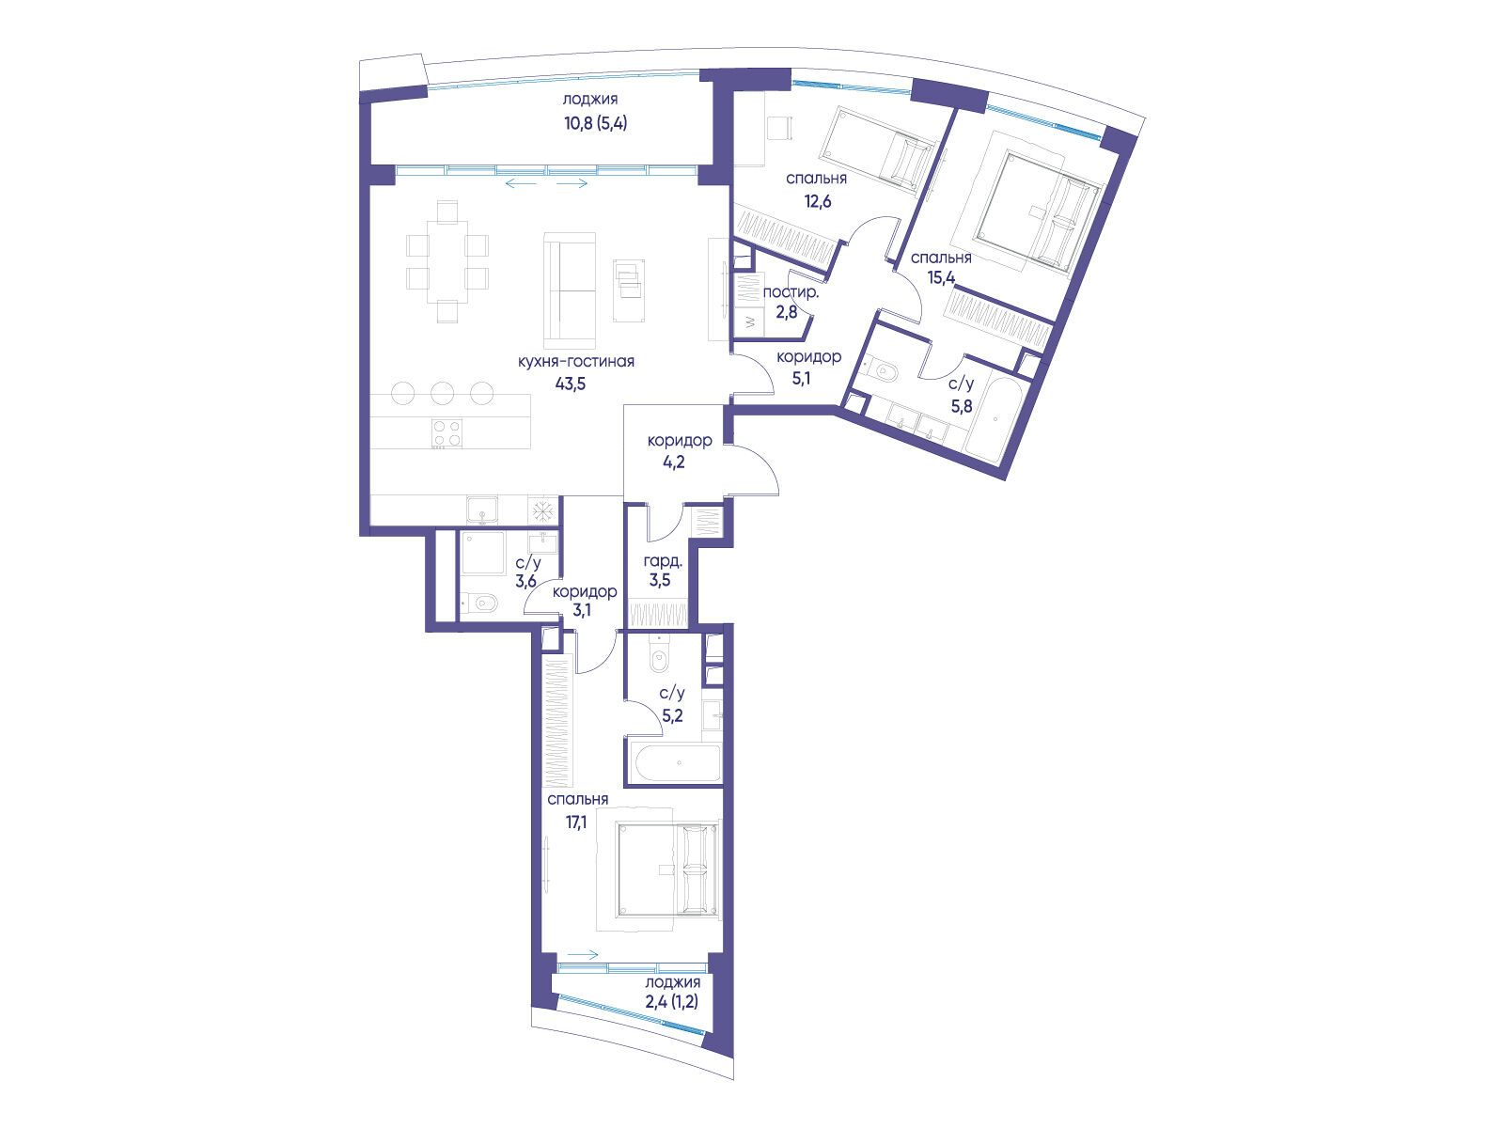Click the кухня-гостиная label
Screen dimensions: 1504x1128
tap(575, 362)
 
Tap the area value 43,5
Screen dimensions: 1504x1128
tap(570, 384)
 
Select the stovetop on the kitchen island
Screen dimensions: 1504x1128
tap(446, 432)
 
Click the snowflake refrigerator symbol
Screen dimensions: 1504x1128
tap(542, 511)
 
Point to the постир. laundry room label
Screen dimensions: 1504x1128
tap(791, 293)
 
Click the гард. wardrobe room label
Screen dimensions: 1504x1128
tap(663, 562)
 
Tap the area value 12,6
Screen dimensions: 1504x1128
tap(818, 201)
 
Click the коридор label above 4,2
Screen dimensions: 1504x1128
tap(680, 440)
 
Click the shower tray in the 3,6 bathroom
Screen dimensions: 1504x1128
tap(483, 553)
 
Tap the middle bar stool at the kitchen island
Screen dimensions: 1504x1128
tap(443, 392)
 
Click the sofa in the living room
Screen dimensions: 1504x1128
tap(570, 291)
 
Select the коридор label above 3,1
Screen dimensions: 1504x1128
tap(585, 591)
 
